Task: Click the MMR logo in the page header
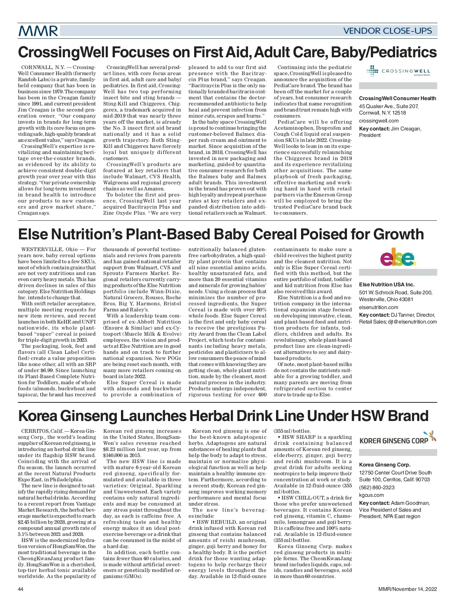(38, 31)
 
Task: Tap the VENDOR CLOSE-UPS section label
(387, 31)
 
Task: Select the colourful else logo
(398, 258)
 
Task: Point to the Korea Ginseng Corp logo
(398, 439)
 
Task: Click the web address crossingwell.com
(378, 121)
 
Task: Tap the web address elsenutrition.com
(378, 307)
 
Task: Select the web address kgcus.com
(372, 495)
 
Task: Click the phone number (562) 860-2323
(377, 487)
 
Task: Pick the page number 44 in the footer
(21, 589)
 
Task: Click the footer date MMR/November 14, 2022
(407, 589)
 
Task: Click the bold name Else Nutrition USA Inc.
(387, 284)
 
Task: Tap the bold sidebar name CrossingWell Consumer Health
(397, 98)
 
